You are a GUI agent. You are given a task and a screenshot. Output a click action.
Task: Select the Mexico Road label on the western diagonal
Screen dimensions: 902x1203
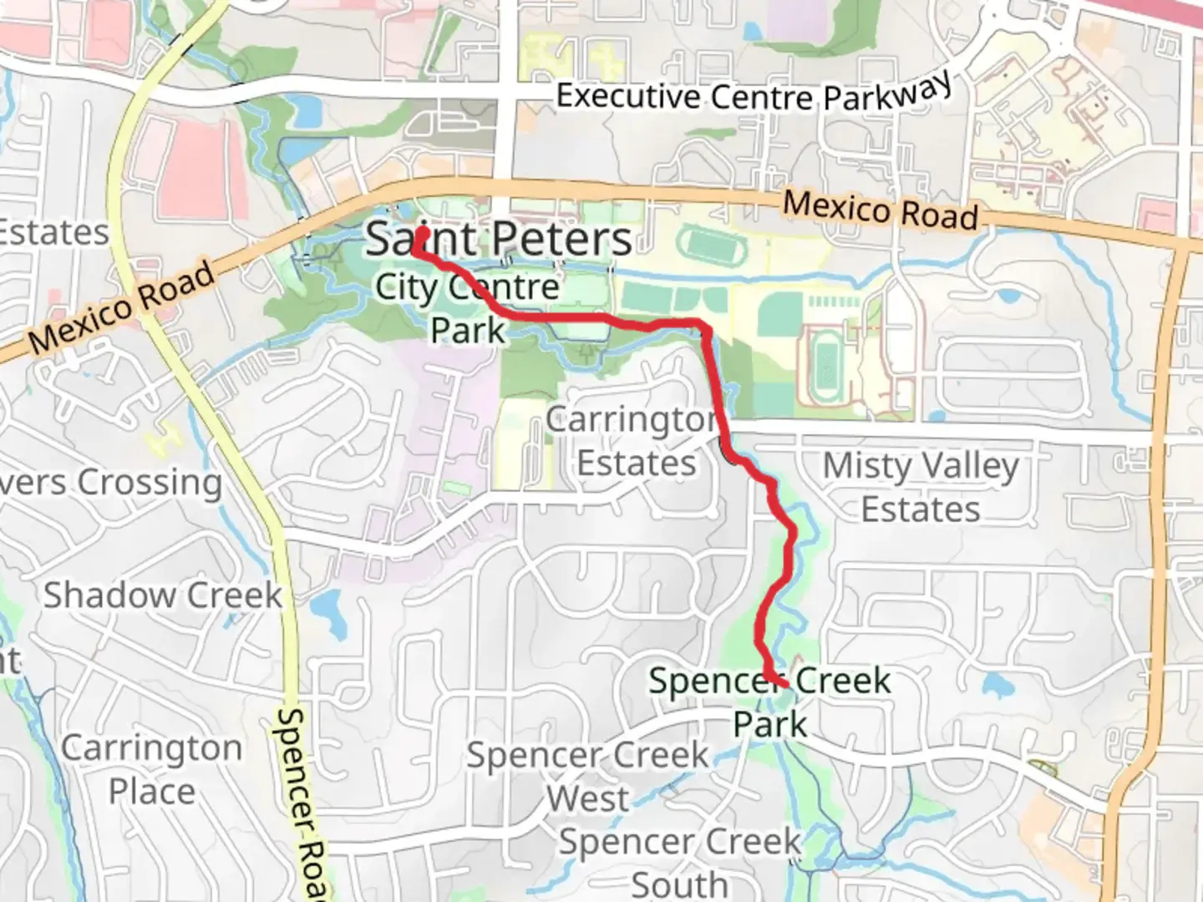coord(121,307)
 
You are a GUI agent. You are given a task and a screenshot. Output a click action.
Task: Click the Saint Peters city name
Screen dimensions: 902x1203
coord(499,240)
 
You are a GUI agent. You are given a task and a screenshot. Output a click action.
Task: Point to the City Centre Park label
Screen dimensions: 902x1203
coord(468,308)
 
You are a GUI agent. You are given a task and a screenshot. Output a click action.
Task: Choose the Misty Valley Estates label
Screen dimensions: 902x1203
coord(921,487)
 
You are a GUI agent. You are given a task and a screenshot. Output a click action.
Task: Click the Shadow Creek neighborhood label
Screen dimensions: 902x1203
coord(163,595)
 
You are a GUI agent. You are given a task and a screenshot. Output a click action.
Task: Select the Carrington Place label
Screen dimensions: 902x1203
coord(152,769)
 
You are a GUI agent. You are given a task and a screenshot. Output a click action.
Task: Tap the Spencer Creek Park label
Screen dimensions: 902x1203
coord(770,702)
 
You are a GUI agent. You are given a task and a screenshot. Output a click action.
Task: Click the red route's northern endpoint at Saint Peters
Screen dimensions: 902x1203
coord(423,232)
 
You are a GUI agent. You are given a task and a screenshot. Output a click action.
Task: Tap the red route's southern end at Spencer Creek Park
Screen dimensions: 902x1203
coord(784,684)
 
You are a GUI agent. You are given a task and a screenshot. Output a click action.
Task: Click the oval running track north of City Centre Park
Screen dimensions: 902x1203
coord(709,245)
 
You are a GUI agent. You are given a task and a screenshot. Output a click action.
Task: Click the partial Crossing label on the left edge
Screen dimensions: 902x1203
coord(111,482)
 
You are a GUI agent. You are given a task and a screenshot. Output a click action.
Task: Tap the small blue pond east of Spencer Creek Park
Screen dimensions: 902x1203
coord(996,687)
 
